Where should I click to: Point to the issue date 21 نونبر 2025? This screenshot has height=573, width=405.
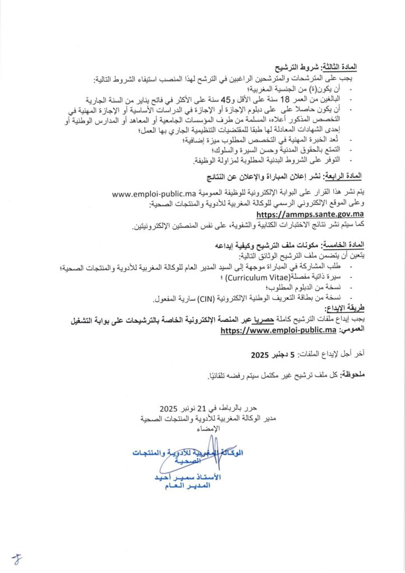173,408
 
